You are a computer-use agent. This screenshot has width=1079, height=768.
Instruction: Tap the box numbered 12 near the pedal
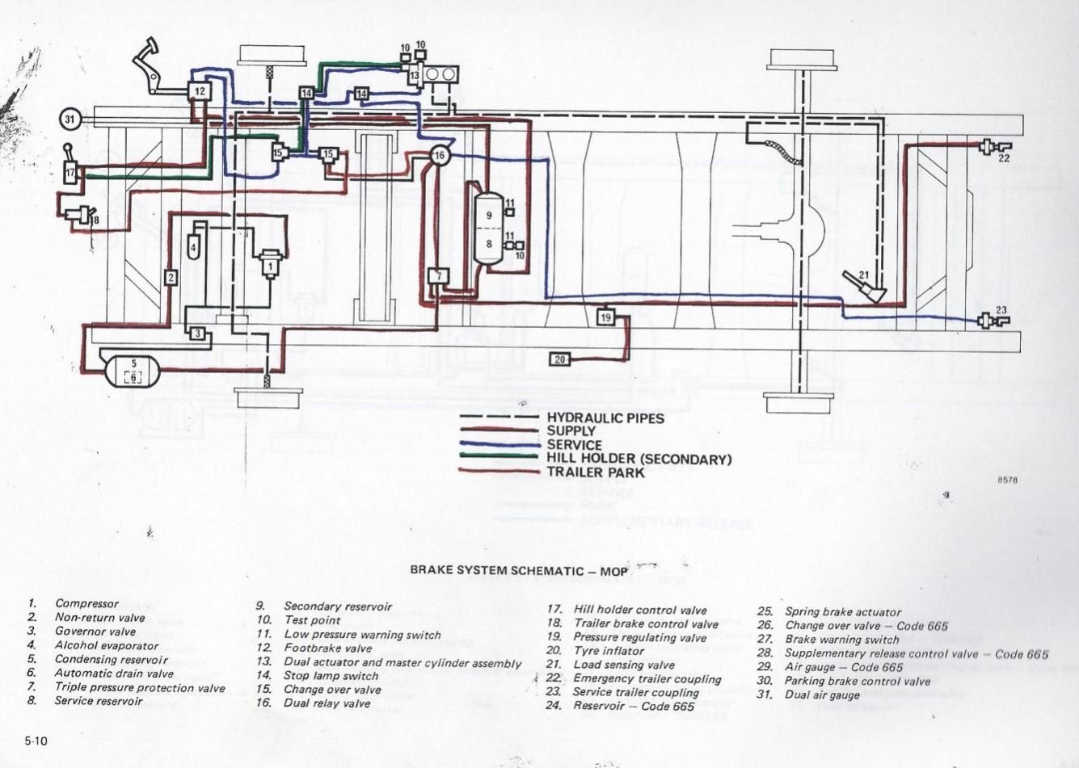pyautogui.click(x=199, y=91)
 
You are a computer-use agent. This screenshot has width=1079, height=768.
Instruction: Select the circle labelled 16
pyautogui.click(x=439, y=154)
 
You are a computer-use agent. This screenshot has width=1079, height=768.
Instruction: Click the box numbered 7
pyautogui.click(x=438, y=276)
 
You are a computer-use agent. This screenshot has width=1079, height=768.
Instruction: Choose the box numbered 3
pyautogui.click(x=196, y=333)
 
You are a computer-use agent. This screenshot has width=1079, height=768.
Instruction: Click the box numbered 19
pyautogui.click(x=606, y=317)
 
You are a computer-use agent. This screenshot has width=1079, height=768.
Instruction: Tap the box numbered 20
pyautogui.click(x=560, y=359)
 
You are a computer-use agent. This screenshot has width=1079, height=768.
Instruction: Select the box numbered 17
pyautogui.click(x=71, y=172)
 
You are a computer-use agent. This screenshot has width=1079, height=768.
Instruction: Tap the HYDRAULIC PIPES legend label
pyautogui.click(x=605, y=418)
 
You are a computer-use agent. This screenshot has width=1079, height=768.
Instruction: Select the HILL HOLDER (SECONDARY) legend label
pyautogui.click(x=639, y=459)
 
